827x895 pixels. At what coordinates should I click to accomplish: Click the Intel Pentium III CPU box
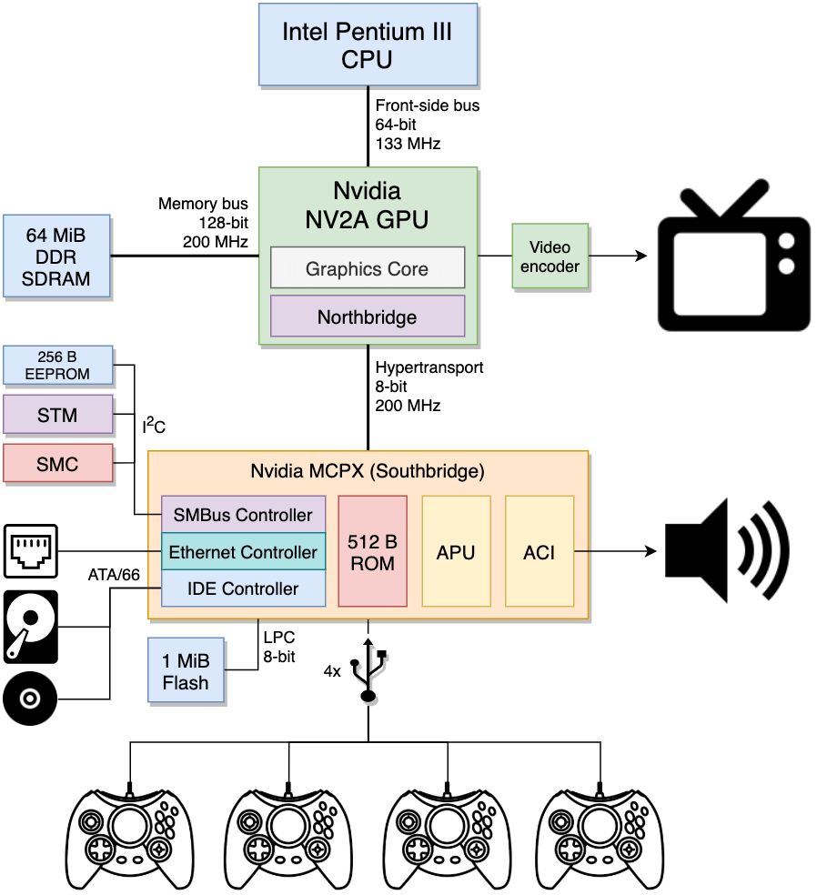point(367,45)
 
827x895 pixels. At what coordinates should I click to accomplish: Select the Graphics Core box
point(367,268)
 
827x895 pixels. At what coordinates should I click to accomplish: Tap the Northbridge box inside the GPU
point(367,317)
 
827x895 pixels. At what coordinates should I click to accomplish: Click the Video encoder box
point(550,256)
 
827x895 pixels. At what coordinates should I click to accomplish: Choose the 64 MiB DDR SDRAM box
point(57,256)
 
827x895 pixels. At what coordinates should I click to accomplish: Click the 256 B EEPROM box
point(58,364)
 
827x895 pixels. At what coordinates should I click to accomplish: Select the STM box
point(58,416)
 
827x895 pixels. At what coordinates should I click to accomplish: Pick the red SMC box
point(58,465)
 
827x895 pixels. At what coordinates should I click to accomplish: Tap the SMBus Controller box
point(243,515)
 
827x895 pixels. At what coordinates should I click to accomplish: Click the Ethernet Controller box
point(243,552)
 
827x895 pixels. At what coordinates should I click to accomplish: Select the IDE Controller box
point(243,588)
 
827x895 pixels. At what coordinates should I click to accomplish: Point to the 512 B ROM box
point(372,551)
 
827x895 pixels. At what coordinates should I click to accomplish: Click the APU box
point(456,551)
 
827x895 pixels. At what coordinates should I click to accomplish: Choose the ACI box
point(540,551)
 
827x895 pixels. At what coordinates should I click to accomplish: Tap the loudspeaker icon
point(727,550)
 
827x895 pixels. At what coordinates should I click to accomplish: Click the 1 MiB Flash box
point(185,670)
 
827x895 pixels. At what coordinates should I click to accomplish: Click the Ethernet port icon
point(31,550)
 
